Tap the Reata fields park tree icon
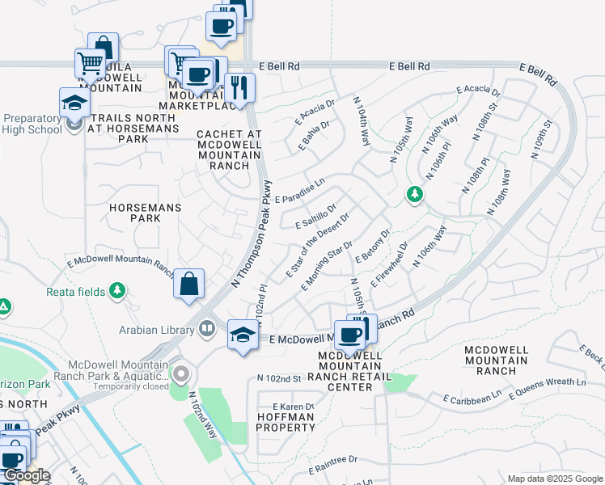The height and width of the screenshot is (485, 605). (x=118, y=289)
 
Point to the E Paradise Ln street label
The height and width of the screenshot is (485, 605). (x=299, y=192)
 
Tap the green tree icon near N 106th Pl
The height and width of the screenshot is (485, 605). (x=415, y=195)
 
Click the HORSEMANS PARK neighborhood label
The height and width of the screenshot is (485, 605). (x=146, y=213)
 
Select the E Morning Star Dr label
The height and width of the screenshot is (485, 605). (x=327, y=265)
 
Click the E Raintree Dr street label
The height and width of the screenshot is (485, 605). (x=331, y=459)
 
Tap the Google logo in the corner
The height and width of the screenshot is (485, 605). (x=26, y=476)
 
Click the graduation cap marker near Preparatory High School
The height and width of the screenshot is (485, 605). (x=74, y=103)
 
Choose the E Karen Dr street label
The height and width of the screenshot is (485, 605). (x=292, y=406)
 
